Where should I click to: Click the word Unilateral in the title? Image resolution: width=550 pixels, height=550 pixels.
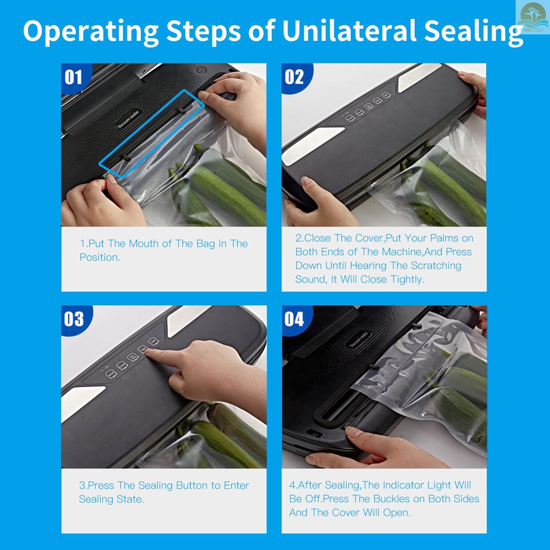click(x=349, y=31)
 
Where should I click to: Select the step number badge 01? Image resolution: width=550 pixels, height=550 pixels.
click(x=74, y=77)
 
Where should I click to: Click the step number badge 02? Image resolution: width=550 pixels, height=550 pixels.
click(x=295, y=77)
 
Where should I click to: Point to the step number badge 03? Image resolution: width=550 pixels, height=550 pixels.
click(x=75, y=319)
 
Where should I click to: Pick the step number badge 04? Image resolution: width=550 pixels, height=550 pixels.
click(x=295, y=319)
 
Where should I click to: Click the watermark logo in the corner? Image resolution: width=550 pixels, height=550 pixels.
click(x=532, y=17)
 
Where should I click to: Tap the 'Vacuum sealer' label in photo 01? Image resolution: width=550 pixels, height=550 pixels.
click(x=128, y=119)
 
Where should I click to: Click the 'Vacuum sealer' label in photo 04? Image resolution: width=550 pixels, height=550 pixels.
click(x=359, y=339)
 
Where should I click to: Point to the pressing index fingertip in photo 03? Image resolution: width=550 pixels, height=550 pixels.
click(x=148, y=352)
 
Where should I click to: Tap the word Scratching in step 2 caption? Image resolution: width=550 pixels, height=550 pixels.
click(x=436, y=266)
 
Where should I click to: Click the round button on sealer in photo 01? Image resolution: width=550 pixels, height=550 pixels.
click(x=201, y=70)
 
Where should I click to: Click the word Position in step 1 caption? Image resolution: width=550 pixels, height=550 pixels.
click(x=99, y=257)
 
